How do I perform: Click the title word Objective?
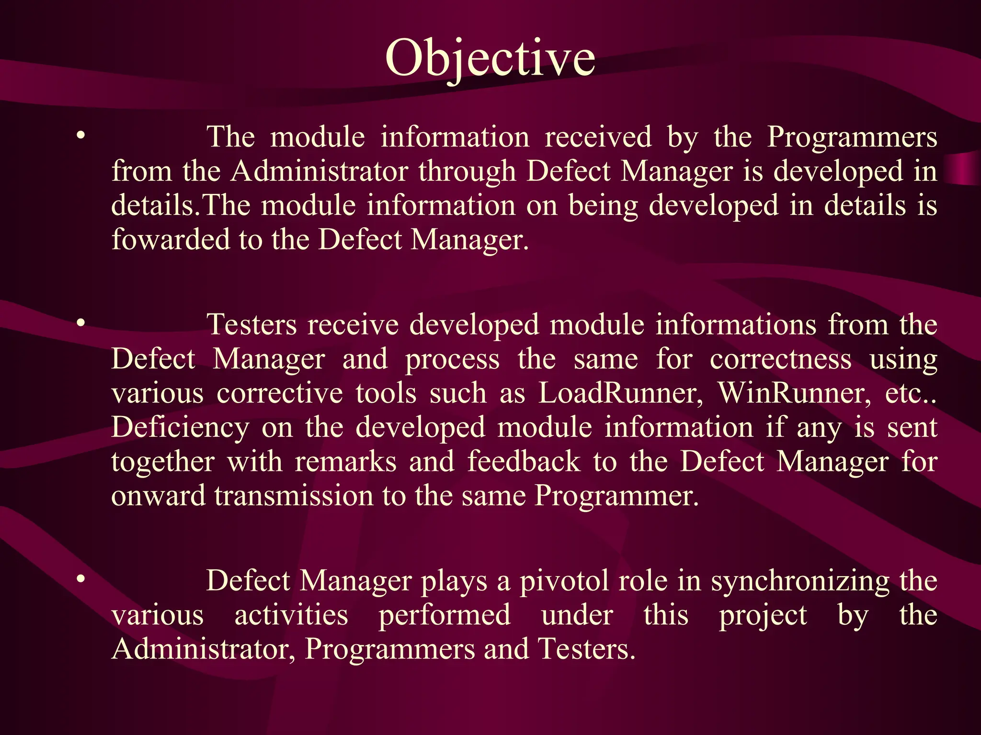point(490,58)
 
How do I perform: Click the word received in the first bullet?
point(598,137)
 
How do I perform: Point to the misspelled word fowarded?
point(171,239)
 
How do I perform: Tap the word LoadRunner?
point(621,393)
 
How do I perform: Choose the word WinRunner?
point(794,393)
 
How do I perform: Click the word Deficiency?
point(180,427)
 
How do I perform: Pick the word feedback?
point(524,462)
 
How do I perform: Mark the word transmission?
point(294,496)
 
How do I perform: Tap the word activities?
point(291,615)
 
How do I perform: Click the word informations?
point(736,325)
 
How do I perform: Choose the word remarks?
point(345,462)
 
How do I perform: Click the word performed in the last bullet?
point(445,615)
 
